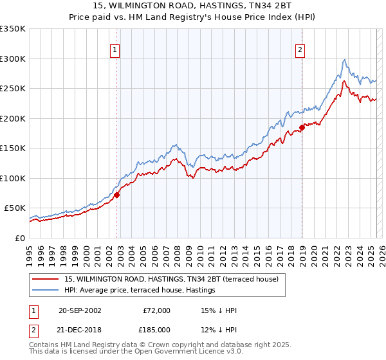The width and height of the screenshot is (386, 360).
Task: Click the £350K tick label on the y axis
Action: click(x=13, y=29)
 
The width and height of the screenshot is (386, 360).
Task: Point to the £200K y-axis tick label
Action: click(x=13, y=118)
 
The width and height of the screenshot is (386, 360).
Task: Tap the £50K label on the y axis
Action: click(x=15, y=208)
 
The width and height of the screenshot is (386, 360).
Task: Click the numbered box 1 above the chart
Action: click(x=115, y=50)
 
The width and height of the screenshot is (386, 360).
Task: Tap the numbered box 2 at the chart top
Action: click(x=300, y=50)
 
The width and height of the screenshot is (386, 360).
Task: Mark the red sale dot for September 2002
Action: click(x=117, y=195)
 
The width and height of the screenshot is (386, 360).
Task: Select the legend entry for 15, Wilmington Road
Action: click(x=171, y=279)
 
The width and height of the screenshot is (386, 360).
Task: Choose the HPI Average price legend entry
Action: click(x=140, y=291)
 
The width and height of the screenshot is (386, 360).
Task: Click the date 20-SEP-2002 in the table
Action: click(x=80, y=310)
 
